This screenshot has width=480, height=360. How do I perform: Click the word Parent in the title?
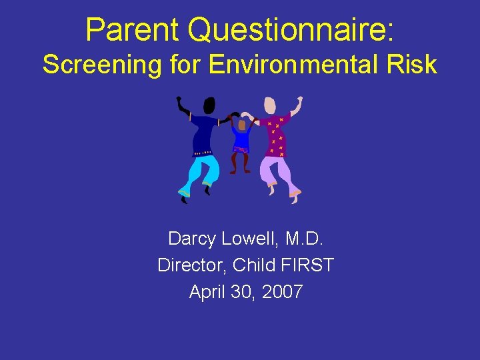click(x=132, y=30)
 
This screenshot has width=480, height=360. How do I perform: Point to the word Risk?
click(x=412, y=65)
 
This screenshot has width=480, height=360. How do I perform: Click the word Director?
click(x=191, y=265)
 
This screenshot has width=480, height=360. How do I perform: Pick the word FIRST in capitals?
click(x=307, y=265)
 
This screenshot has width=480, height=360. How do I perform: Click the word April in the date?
click(x=206, y=291)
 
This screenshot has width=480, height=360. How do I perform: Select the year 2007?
click(x=283, y=291)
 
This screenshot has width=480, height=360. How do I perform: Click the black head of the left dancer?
click(x=209, y=105)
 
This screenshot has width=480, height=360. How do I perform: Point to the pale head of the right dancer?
click(x=269, y=105)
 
